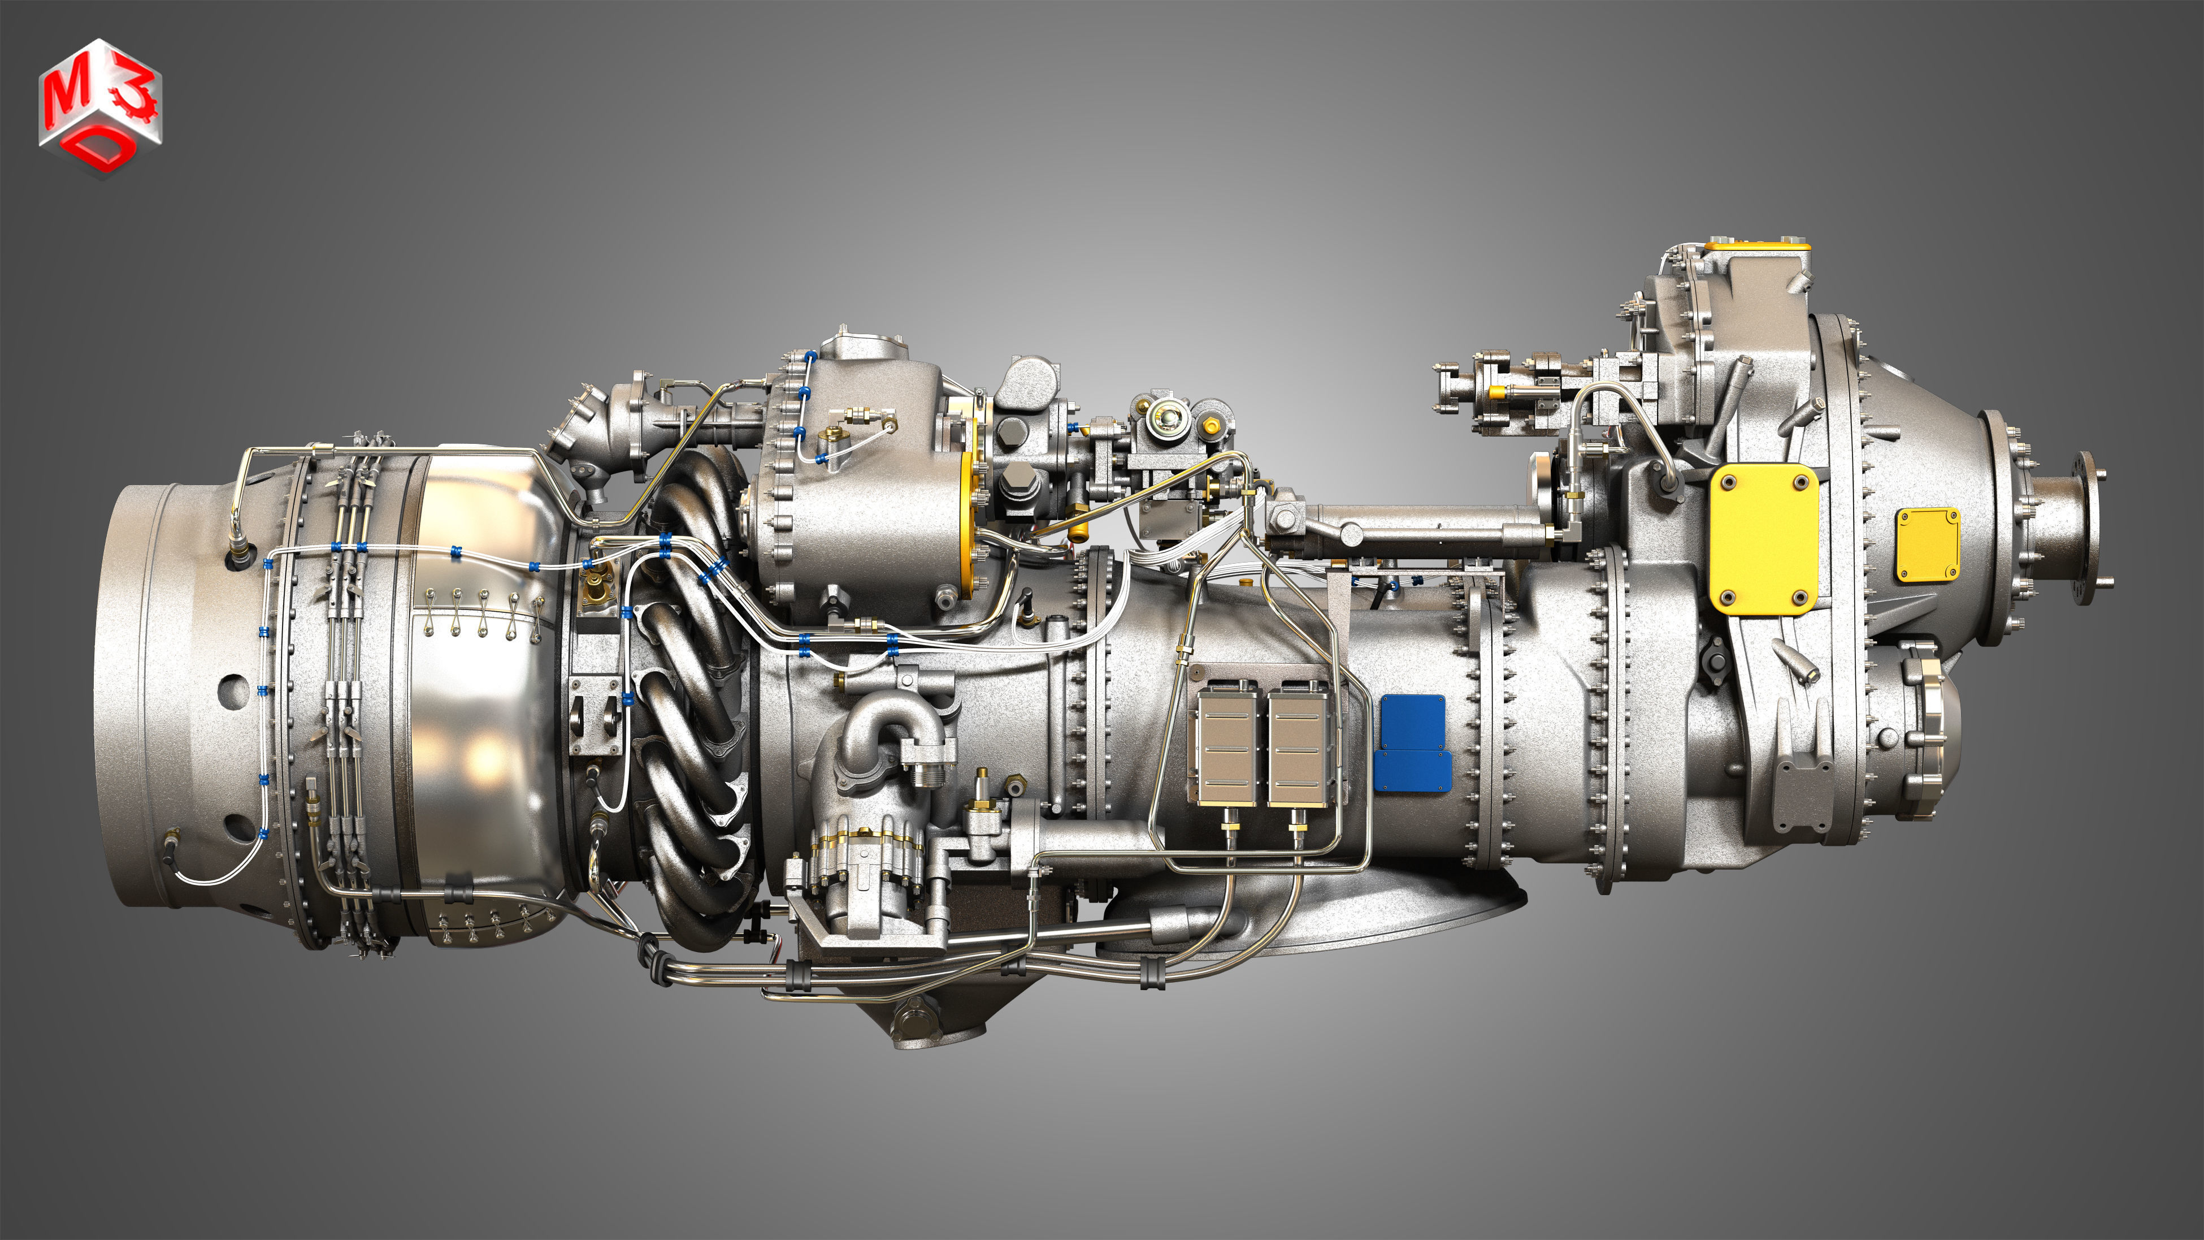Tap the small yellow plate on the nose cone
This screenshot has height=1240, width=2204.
pos(1927,545)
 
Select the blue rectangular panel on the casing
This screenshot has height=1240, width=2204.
pos(1413,743)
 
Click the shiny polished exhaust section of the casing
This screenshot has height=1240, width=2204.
pos(479,685)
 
